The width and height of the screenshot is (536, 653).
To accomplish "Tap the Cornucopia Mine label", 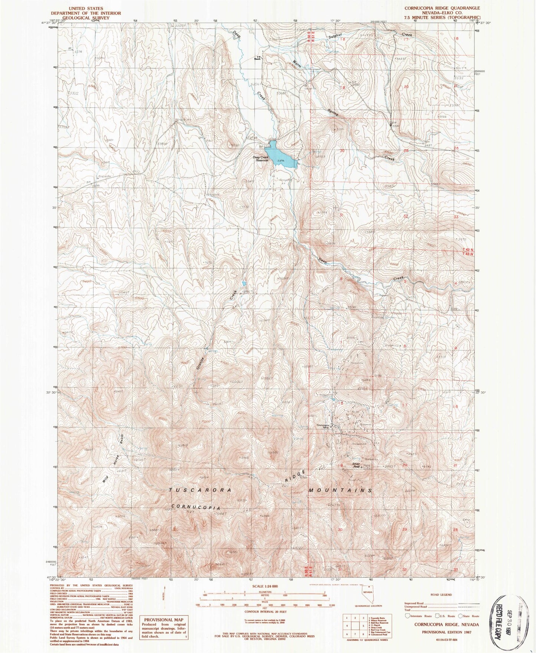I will point(323,427).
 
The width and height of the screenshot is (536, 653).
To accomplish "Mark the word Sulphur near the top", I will point(335,37).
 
